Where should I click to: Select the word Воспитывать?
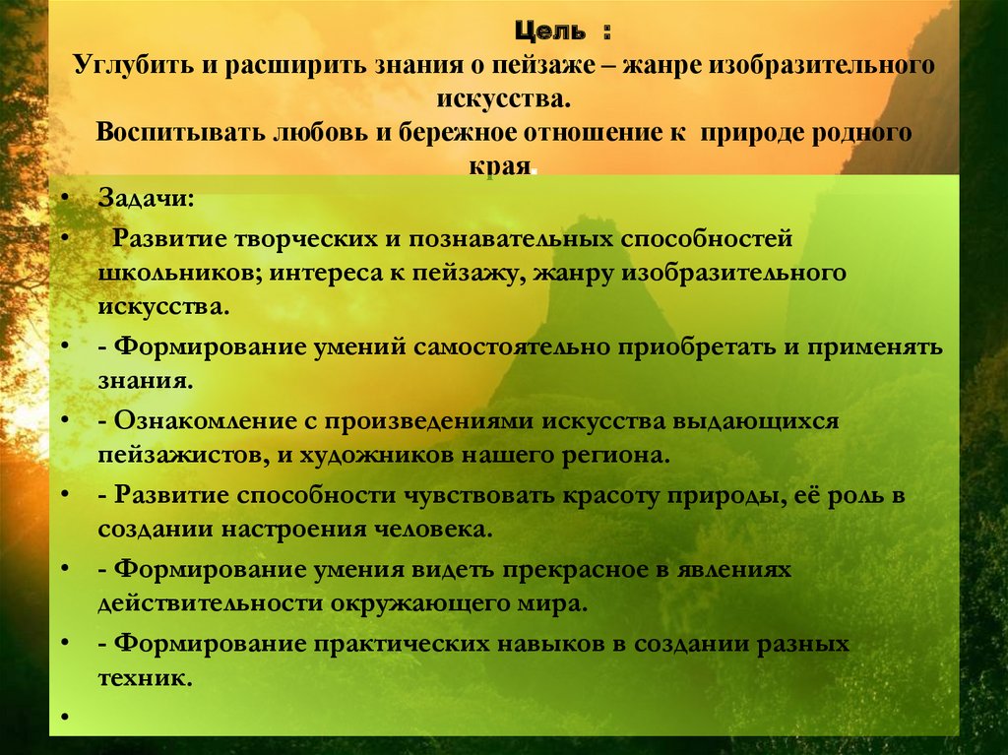(172, 133)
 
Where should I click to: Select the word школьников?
(173, 273)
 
